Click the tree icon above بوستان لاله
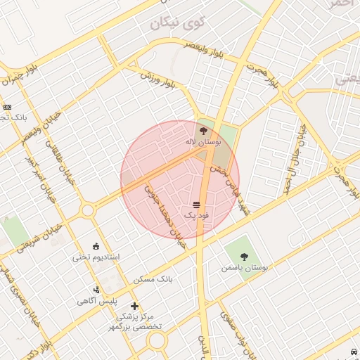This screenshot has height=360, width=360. (x=203, y=130)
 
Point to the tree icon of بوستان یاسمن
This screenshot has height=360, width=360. (x=244, y=257)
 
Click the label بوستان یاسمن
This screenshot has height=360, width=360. (x=242, y=268)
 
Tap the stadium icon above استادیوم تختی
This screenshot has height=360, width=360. (x=96, y=246)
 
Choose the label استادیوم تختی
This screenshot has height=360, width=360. (x=96, y=257)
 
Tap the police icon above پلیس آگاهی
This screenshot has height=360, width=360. (x=96, y=290)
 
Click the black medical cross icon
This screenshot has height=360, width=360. (x=134, y=306)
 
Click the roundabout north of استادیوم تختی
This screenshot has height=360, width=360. (x=88, y=210)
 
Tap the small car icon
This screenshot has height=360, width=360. (x=352, y=351)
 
